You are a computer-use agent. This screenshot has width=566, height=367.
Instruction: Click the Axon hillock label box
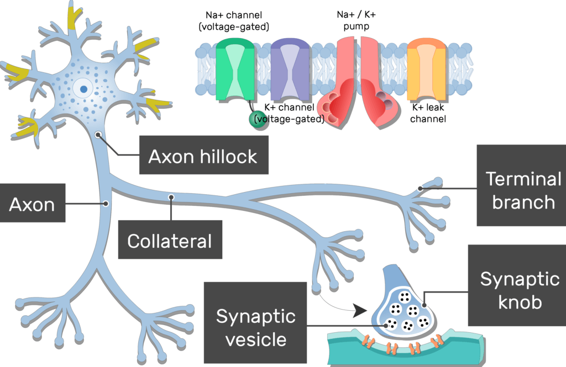(x=203, y=156)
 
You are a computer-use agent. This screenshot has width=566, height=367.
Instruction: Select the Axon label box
(x=32, y=204)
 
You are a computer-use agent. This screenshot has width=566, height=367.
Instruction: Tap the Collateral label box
(x=170, y=240)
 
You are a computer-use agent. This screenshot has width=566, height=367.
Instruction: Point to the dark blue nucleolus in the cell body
(x=83, y=88)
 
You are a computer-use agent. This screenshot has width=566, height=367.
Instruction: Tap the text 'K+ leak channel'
(x=428, y=113)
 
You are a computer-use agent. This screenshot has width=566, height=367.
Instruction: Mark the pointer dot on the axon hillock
(x=98, y=134)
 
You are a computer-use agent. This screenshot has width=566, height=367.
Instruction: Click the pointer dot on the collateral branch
(x=171, y=196)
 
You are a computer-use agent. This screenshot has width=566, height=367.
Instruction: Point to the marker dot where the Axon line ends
(x=105, y=204)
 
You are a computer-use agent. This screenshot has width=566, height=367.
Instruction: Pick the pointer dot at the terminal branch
(x=421, y=188)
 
